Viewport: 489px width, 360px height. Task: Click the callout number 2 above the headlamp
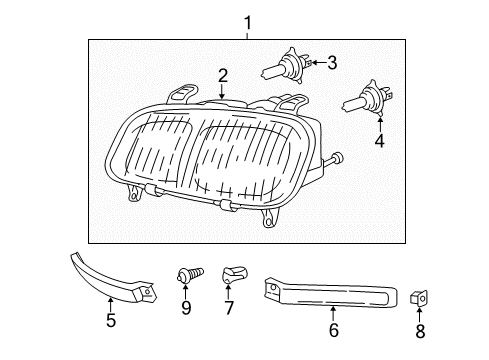coord(223,75)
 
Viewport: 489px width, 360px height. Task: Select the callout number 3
coord(332,62)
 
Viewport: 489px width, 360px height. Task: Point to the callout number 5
coord(112,320)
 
